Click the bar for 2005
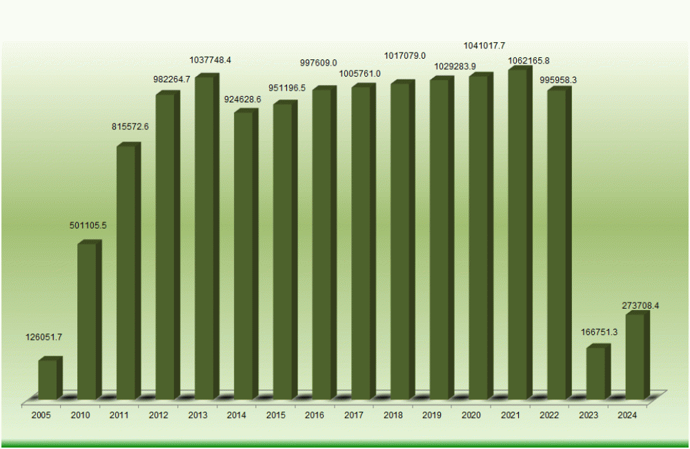tap(48, 379)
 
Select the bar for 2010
tap(87, 321)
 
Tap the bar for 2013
tap(204, 238)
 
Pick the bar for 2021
tap(517, 235)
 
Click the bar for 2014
tap(244, 256)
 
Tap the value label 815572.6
tap(131, 126)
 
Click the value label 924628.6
tap(243, 99)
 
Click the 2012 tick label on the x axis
tap(159, 415)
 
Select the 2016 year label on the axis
tap(315, 415)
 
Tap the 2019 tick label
tap(433, 415)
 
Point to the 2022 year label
tap(550, 415)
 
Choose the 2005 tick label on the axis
tap(41, 415)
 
